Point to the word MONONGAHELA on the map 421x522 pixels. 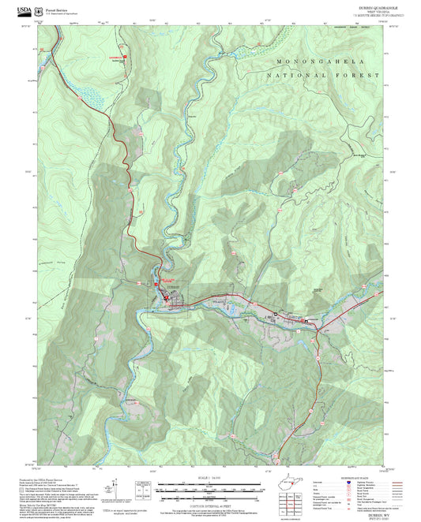click(312, 61)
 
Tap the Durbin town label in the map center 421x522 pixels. click(174, 288)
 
